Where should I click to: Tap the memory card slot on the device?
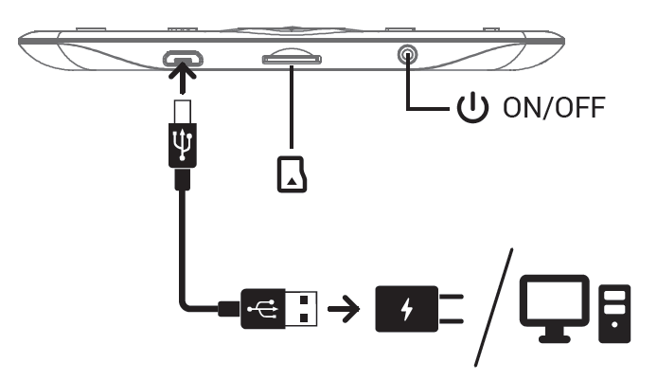click(x=293, y=60)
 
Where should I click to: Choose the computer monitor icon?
click(x=558, y=303)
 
